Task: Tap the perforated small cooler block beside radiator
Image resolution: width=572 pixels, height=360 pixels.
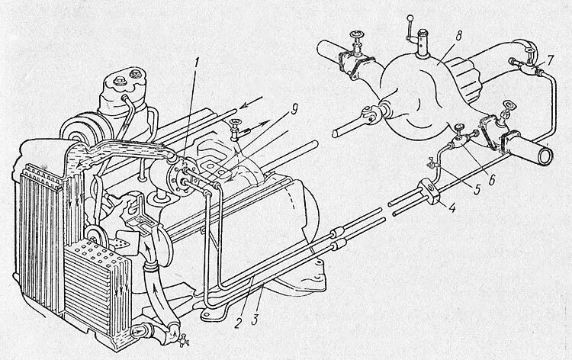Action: (95, 267)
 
